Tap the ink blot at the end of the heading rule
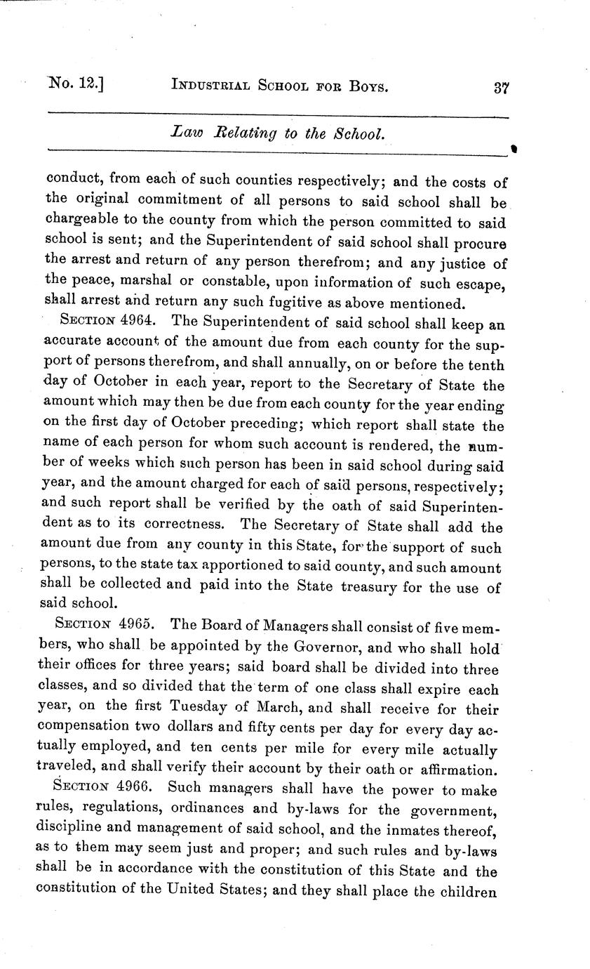point(514,150)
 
